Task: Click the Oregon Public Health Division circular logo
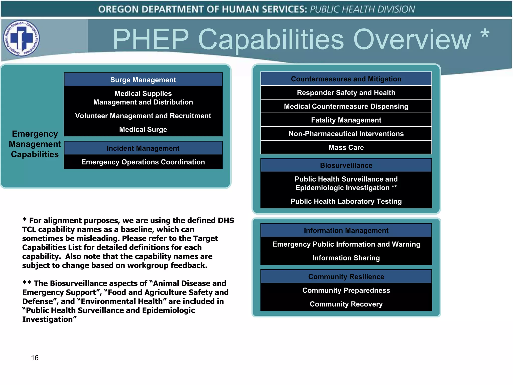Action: (22, 38)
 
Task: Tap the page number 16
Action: (35, 358)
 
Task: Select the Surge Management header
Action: (143, 80)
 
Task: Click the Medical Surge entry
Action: (143, 129)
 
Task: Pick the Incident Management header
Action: (143, 148)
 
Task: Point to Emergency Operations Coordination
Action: (143, 162)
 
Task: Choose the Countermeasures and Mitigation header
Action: (346, 79)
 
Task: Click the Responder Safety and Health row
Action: (346, 93)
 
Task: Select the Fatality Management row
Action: (346, 120)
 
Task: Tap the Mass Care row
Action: (346, 147)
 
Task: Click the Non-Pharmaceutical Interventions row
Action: (346, 134)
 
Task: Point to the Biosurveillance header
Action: (346, 165)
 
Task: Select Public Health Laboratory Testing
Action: (346, 201)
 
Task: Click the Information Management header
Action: (346, 230)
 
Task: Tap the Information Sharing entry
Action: (346, 258)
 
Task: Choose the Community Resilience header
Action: (346, 276)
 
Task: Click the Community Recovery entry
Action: (346, 304)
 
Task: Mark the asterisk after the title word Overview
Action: (485, 34)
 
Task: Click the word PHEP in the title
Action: (151, 39)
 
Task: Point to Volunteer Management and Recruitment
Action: (143, 116)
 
